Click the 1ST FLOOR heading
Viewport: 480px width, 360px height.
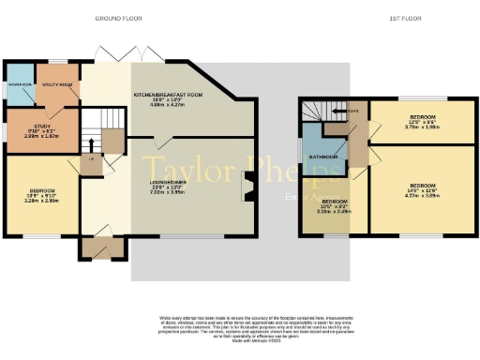[x=403, y=18]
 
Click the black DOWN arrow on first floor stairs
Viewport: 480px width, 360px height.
[x=345, y=110]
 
